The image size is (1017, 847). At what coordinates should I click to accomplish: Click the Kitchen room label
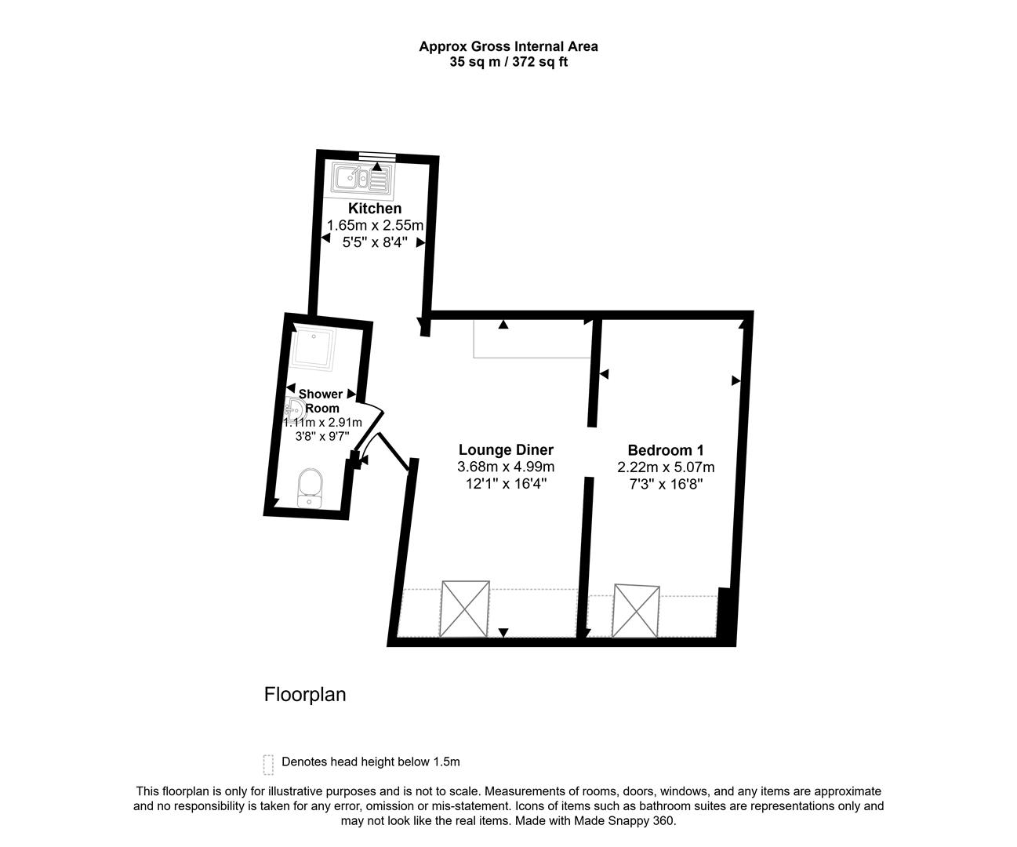pos(375,209)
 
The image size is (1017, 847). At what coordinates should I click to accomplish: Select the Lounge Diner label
pos(506,450)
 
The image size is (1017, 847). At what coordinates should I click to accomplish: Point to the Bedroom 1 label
pos(665,450)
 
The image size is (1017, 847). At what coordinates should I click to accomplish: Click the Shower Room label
pos(321,401)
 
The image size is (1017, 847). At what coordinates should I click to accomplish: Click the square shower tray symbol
pos(313,349)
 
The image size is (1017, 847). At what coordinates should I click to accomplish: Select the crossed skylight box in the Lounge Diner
pos(465,609)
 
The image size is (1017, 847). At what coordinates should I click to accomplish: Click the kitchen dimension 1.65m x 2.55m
pos(375,226)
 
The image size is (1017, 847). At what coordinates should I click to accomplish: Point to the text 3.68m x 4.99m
pos(506,467)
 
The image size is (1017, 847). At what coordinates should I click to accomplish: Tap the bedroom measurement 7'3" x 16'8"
pos(665,485)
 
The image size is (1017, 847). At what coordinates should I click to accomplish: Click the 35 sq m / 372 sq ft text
pos(508,62)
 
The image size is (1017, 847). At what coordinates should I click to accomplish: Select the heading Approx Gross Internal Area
pos(508,46)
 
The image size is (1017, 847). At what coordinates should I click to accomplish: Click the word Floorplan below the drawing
pos(305,695)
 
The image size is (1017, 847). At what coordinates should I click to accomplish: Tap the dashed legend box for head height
pos(268,764)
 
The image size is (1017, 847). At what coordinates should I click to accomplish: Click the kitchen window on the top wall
pos(377,156)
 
